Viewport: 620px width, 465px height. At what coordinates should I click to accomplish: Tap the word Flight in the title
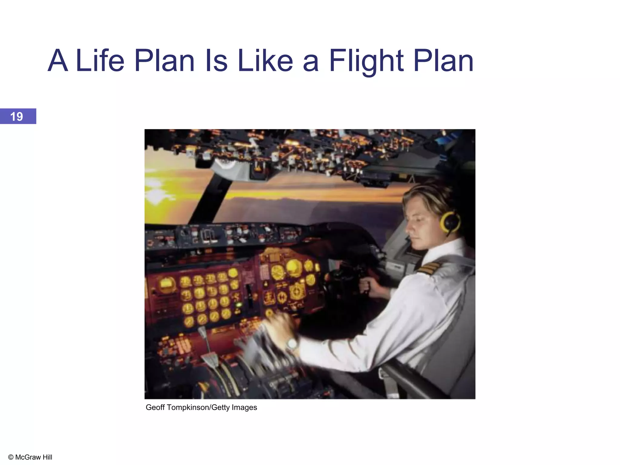366,61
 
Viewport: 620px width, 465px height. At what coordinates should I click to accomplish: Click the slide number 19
17,117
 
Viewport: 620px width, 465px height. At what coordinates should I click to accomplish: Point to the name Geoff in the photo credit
155,407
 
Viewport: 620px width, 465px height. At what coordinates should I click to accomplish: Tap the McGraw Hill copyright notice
30,457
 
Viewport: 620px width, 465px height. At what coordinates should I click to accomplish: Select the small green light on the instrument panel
239,304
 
